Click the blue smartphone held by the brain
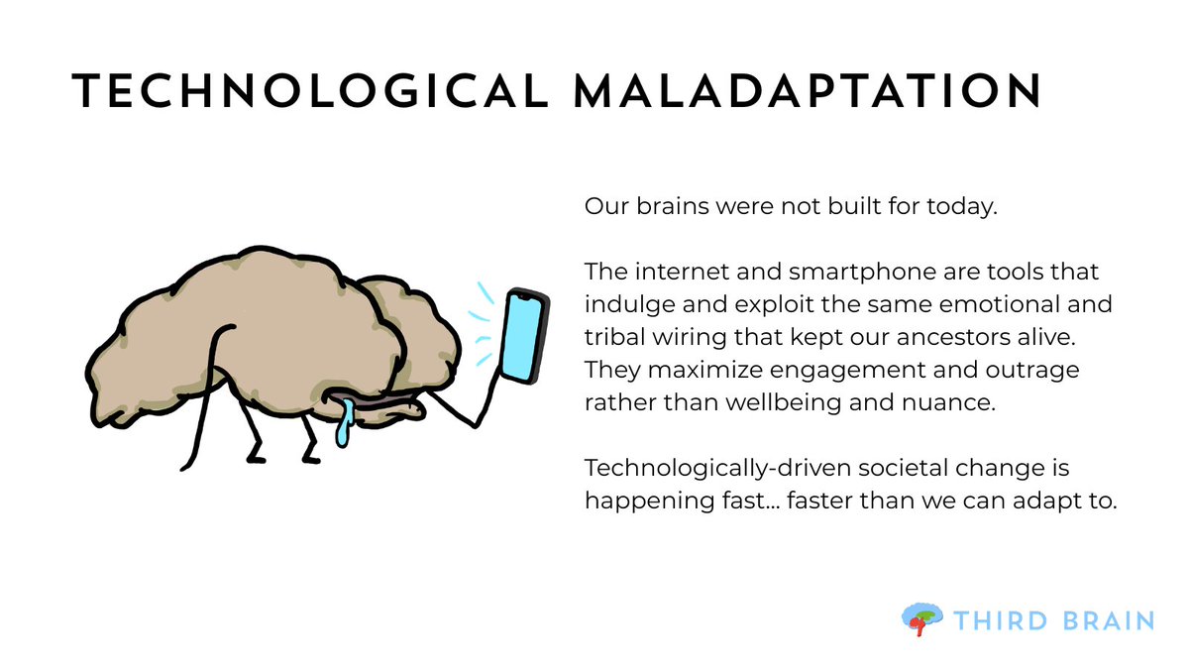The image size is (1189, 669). [524, 335]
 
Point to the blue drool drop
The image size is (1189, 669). [343, 429]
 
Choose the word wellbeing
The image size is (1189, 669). [828, 402]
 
